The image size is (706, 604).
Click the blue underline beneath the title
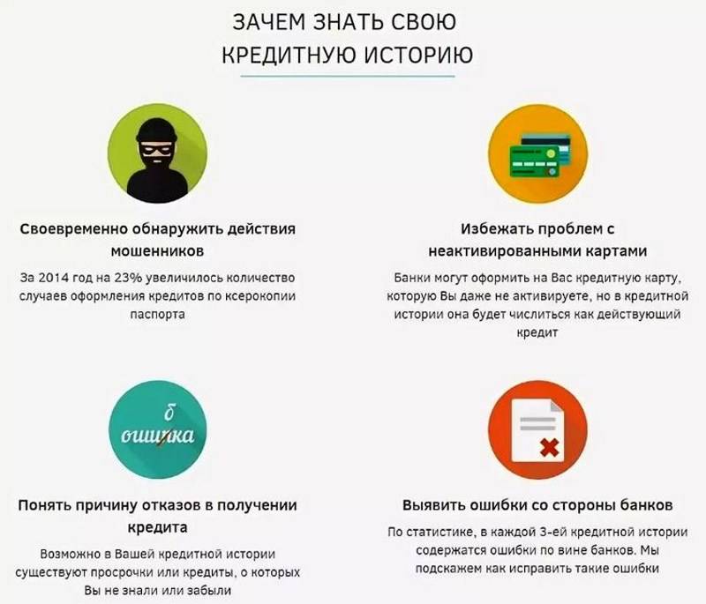coord(348,76)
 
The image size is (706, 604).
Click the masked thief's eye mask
coord(156,149)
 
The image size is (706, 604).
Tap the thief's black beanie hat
coord(157,130)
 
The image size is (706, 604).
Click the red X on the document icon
coord(549,448)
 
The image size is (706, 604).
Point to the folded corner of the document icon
coord(557,406)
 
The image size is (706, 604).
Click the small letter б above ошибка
coord(169,412)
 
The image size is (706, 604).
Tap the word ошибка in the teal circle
coord(158,435)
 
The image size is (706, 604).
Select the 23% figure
coord(128,278)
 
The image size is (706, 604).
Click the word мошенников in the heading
coord(157,250)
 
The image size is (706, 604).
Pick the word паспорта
coord(158,315)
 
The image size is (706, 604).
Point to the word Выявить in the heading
coord(433,505)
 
